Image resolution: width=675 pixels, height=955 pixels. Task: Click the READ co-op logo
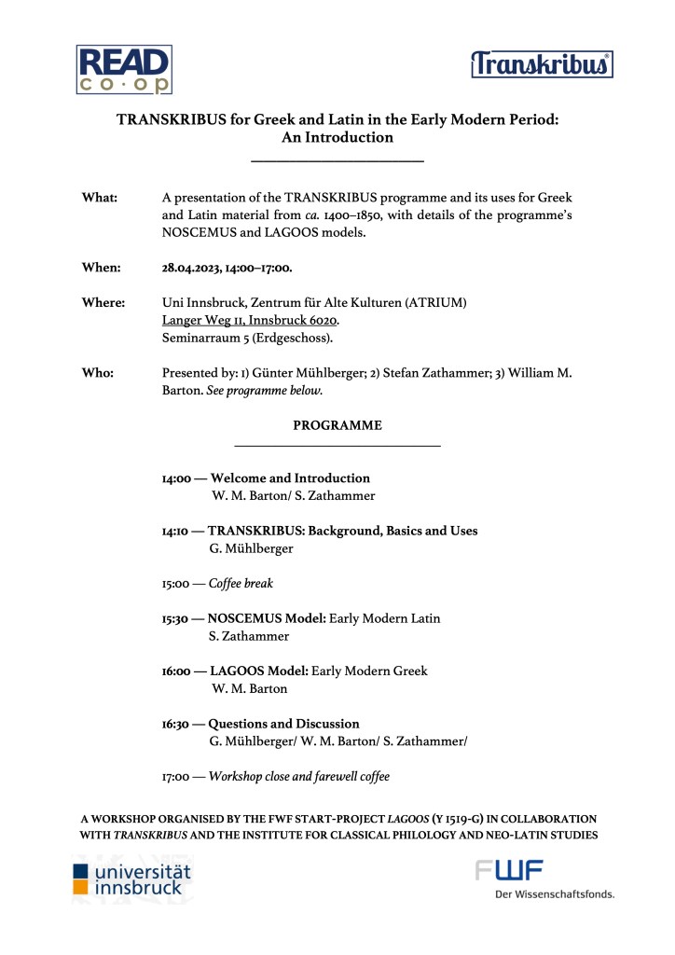coord(125,69)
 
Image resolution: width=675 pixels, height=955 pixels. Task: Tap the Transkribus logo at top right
coord(541,64)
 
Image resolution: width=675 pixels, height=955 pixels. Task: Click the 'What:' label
coord(100,198)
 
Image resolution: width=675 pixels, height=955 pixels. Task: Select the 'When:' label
coord(102,268)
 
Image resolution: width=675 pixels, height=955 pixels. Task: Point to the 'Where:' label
coord(104,303)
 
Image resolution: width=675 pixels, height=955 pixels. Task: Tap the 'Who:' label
coord(98,373)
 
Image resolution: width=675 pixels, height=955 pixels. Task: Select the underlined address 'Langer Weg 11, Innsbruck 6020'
coord(256,320)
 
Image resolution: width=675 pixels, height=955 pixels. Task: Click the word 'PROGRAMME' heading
coord(337,425)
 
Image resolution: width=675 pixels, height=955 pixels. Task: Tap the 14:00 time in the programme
coord(176,478)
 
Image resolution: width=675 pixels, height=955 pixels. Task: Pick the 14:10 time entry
coord(176,531)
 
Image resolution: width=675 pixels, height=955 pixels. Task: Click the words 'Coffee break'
coord(241,584)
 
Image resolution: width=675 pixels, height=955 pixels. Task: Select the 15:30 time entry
coord(176,618)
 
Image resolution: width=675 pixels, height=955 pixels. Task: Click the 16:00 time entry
coord(177,671)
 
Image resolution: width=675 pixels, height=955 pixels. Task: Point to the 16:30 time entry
coord(176,724)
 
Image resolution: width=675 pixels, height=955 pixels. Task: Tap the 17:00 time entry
coord(176,776)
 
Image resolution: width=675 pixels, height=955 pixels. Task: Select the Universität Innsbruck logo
coord(132,879)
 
